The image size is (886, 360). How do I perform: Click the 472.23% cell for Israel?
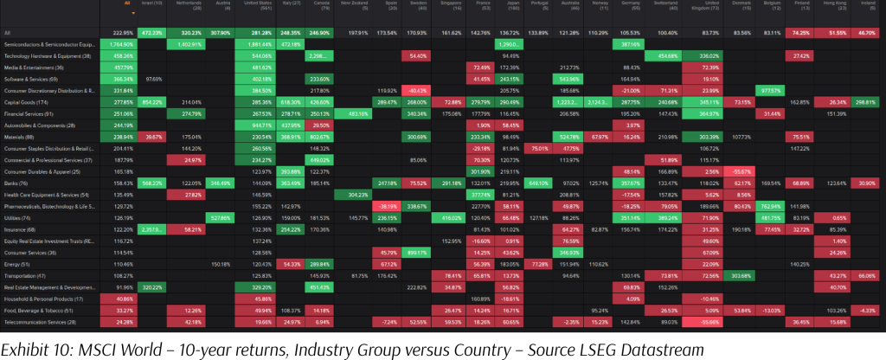(x=152, y=32)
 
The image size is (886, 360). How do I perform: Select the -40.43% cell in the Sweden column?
(x=418, y=90)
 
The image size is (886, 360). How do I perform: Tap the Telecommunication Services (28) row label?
(x=45, y=321)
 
